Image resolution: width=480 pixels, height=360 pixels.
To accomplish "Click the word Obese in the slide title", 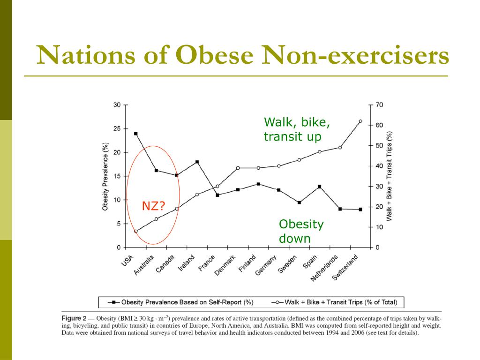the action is click(x=215, y=55).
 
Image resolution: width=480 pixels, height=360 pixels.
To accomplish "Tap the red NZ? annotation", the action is click(x=153, y=206).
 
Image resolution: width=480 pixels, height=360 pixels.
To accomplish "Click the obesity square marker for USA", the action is click(x=136, y=134).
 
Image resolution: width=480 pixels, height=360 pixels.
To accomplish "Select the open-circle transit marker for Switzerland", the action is click(x=360, y=121).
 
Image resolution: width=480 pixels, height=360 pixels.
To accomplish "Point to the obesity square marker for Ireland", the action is click(x=197, y=162).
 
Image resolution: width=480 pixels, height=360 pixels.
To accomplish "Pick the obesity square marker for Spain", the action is click(x=320, y=187).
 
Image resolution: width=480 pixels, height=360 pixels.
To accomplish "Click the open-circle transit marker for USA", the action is click(x=136, y=231).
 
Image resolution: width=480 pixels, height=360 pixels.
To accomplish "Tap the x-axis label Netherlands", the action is click(x=324, y=268).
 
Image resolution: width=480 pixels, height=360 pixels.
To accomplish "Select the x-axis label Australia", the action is click(x=143, y=265).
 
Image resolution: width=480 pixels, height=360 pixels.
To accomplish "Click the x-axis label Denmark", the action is click(x=225, y=265).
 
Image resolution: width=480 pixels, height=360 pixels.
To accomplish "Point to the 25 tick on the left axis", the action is click(x=117, y=129).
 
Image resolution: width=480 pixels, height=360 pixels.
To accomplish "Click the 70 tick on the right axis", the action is click(x=379, y=105).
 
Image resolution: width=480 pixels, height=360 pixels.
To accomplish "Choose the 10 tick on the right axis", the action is click(x=379, y=227).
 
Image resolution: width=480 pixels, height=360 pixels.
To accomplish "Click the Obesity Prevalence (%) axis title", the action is click(x=105, y=176).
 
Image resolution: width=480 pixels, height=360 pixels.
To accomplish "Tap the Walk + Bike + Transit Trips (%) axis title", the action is click(x=389, y=176).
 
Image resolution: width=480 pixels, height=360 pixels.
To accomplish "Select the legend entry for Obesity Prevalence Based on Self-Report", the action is click(x=180, y=302).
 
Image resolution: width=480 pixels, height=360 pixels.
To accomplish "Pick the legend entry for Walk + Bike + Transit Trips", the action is click(x=334, y=302).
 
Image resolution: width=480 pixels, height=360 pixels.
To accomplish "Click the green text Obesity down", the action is click(x=301, y=231).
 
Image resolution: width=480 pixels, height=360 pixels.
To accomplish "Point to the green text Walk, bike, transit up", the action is click(x=297, y=129).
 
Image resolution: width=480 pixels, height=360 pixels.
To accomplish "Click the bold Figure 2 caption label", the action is click(x=74, y=318).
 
